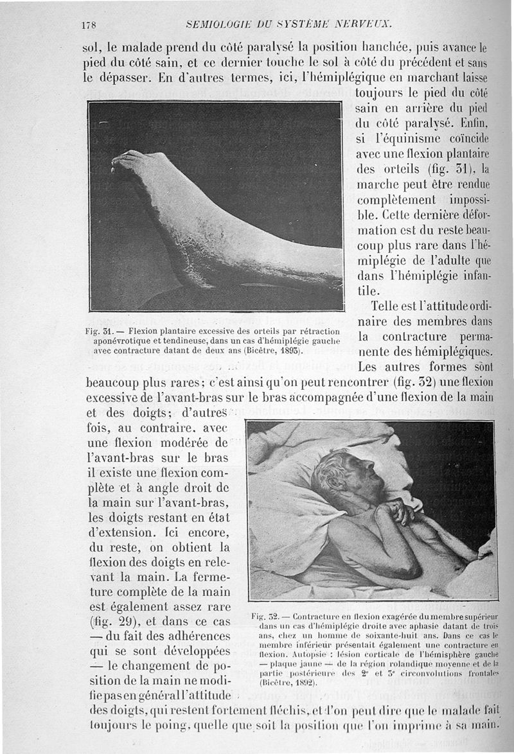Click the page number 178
(x=89, y=25)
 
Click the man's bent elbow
(x=411, y=569)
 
